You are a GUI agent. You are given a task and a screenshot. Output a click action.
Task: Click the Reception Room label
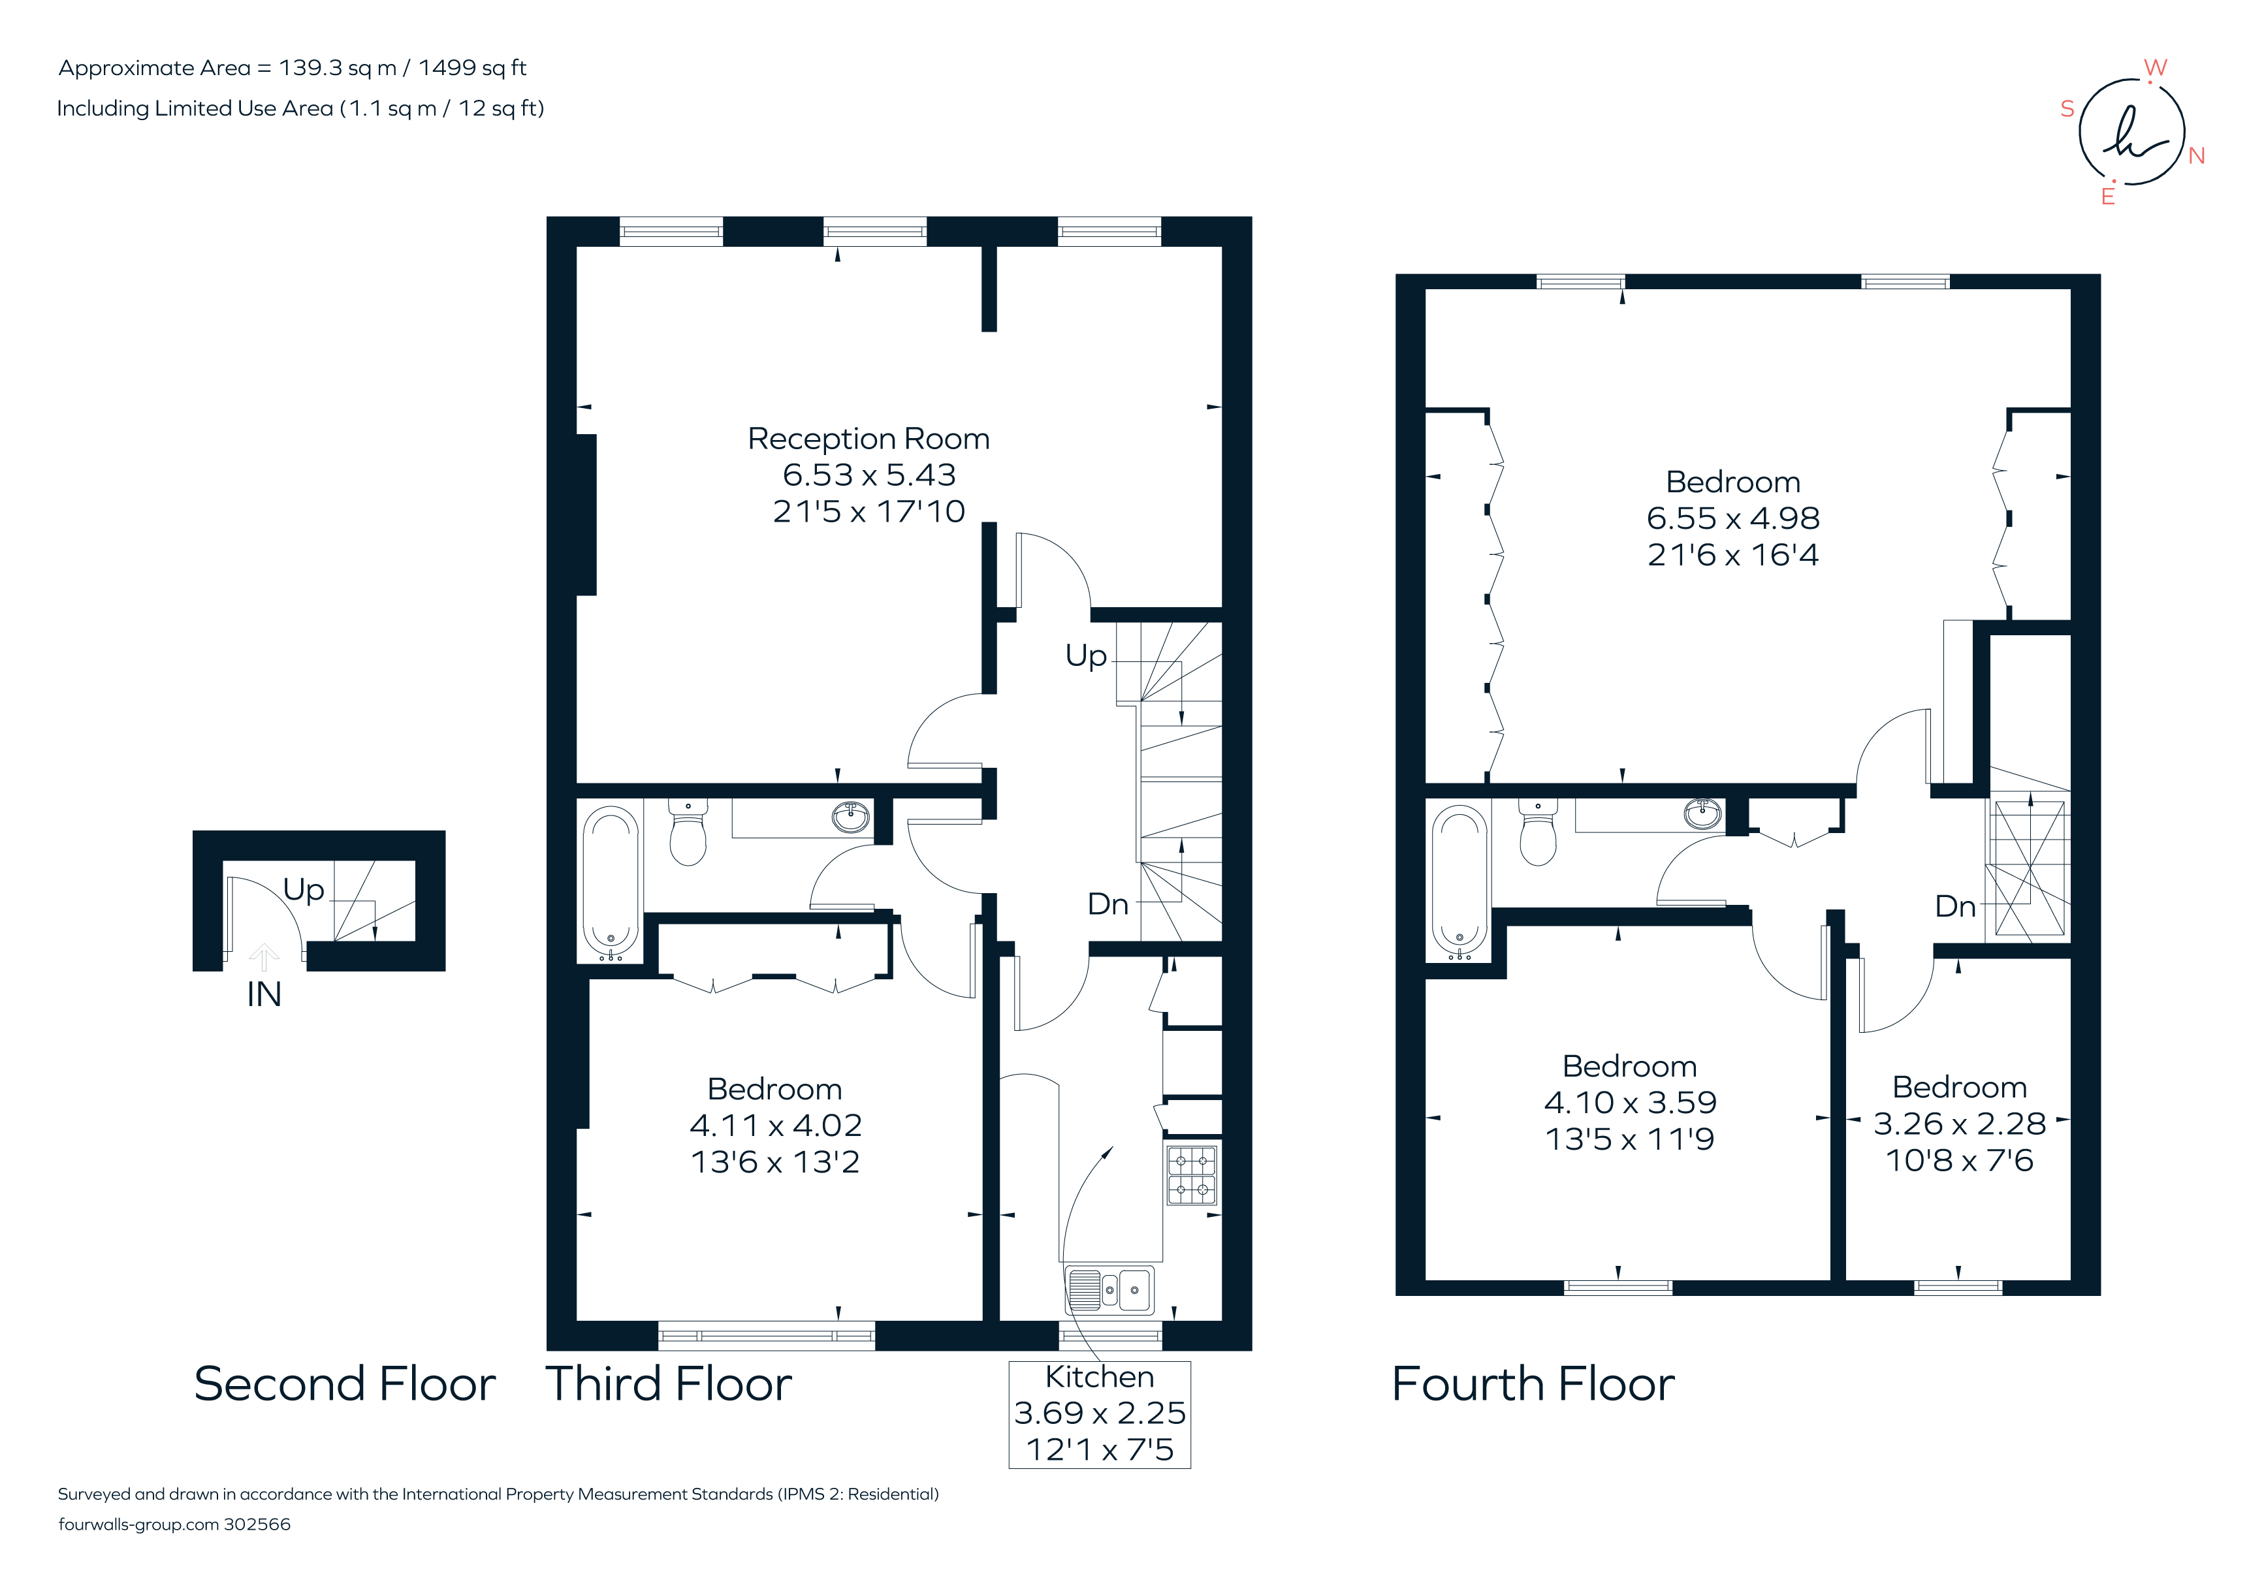click(x=868, y=439)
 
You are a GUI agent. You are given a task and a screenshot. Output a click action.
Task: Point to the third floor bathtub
click(x=611, y=882)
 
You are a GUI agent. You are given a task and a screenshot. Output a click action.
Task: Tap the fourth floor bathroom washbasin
click(x=1702, y=813)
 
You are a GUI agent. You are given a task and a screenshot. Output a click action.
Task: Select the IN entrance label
click(x=264, y=994)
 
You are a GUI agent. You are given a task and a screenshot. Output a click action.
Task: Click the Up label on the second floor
click(x=303, y=889)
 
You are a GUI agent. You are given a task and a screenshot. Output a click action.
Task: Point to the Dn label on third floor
click(x=1108, y=904)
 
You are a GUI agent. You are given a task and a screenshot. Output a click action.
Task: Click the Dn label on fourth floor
click(x=1954, y=906)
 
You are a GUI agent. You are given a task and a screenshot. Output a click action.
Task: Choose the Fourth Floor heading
click(x=1533, y=1384)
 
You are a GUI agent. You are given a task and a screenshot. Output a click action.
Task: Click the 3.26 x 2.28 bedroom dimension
click(x=1958, y=1124)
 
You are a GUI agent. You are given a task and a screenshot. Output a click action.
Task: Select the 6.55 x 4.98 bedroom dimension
click(x=1732, y=518)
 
